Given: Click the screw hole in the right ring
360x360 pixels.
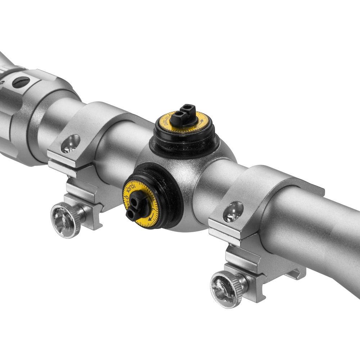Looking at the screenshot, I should tap(233, 212).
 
